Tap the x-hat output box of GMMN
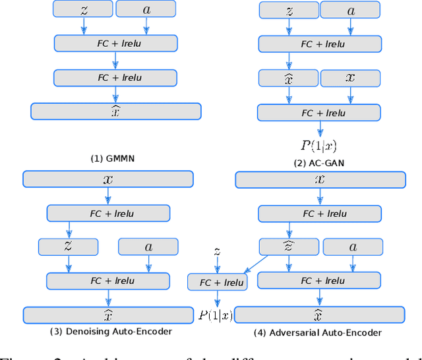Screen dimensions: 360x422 (115, 111)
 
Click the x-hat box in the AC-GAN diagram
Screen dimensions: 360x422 (287, 78)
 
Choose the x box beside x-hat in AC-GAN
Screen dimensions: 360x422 (350, 78)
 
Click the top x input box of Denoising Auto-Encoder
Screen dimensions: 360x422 (108, 179)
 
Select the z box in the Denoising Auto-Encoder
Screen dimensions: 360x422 (68, 247)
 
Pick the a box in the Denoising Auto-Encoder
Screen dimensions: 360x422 (148, 247)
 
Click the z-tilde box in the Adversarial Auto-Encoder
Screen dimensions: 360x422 (288, 247)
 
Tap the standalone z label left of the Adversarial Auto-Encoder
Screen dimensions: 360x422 (216, 251)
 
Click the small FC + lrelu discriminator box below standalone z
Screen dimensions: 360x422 (216, 283)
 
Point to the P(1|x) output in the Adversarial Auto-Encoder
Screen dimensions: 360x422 (216, 315)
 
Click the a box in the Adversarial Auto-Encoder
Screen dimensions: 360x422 (352, 247)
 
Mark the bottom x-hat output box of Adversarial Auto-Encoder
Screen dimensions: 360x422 (319, 315)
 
